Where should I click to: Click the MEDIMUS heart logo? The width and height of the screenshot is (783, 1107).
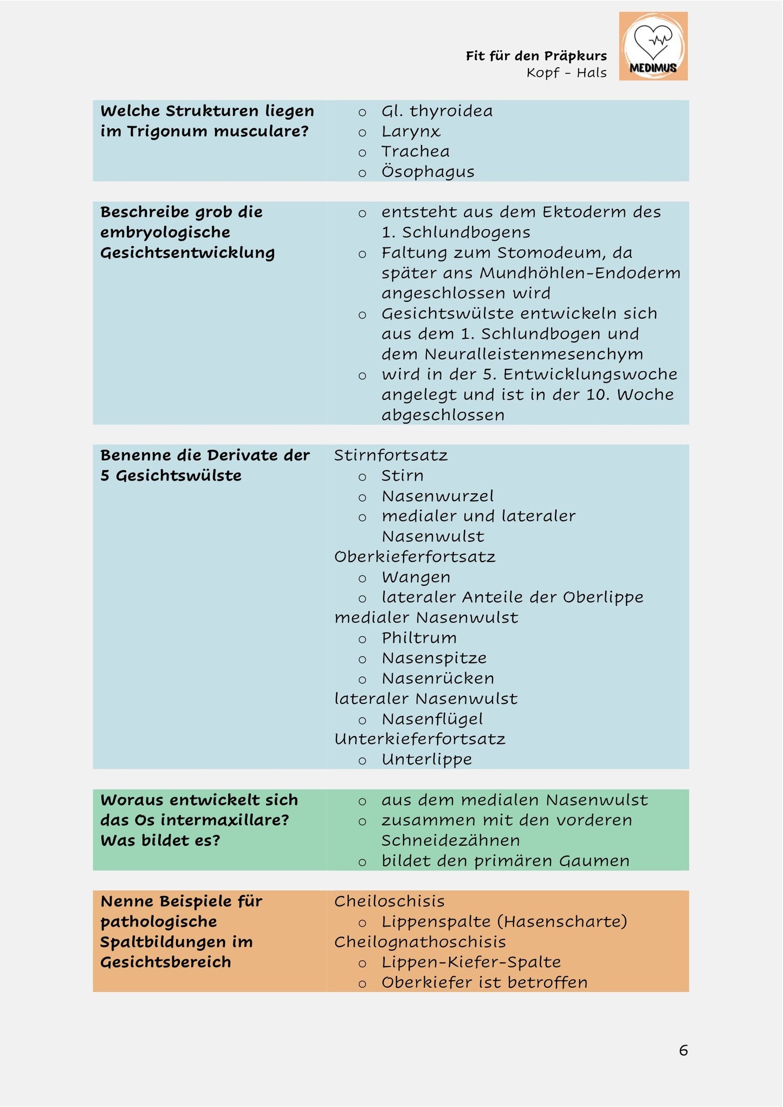tap(653, 46)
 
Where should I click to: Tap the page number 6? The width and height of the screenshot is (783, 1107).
tap(683, 1050)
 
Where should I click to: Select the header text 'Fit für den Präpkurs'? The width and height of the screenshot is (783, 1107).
tap(536, 56)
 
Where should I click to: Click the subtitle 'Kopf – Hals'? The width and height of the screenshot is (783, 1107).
tap(566, 73)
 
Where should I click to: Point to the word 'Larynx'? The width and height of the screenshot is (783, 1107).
tap(411, 132)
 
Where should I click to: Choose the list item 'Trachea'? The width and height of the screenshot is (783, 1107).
tap(415, 152)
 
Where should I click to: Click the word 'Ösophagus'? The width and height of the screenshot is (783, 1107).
tap(428, 172)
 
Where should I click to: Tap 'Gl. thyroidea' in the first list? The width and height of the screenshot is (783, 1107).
tap(437, 111)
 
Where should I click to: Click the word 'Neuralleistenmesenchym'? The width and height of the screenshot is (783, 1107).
tap(534, 354)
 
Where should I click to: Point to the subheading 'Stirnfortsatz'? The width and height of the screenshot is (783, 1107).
tap(391, 455)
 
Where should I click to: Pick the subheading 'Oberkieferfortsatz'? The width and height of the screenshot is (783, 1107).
tap(415, 557)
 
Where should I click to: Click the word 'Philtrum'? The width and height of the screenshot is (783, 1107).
tap(419, 638)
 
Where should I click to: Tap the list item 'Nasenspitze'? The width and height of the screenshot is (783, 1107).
tap(434, 658)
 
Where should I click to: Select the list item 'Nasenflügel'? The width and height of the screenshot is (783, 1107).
tap(432, 719)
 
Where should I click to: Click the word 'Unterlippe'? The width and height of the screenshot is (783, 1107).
tap(426, 760)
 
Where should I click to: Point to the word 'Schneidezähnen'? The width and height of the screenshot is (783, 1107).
tap(450, 840)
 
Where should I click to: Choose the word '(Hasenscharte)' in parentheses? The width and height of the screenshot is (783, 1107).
tap(562, 922)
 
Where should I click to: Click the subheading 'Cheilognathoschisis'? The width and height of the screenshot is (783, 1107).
tap(420, 942)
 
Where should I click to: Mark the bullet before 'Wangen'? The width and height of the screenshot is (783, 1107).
tap(363, 579)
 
